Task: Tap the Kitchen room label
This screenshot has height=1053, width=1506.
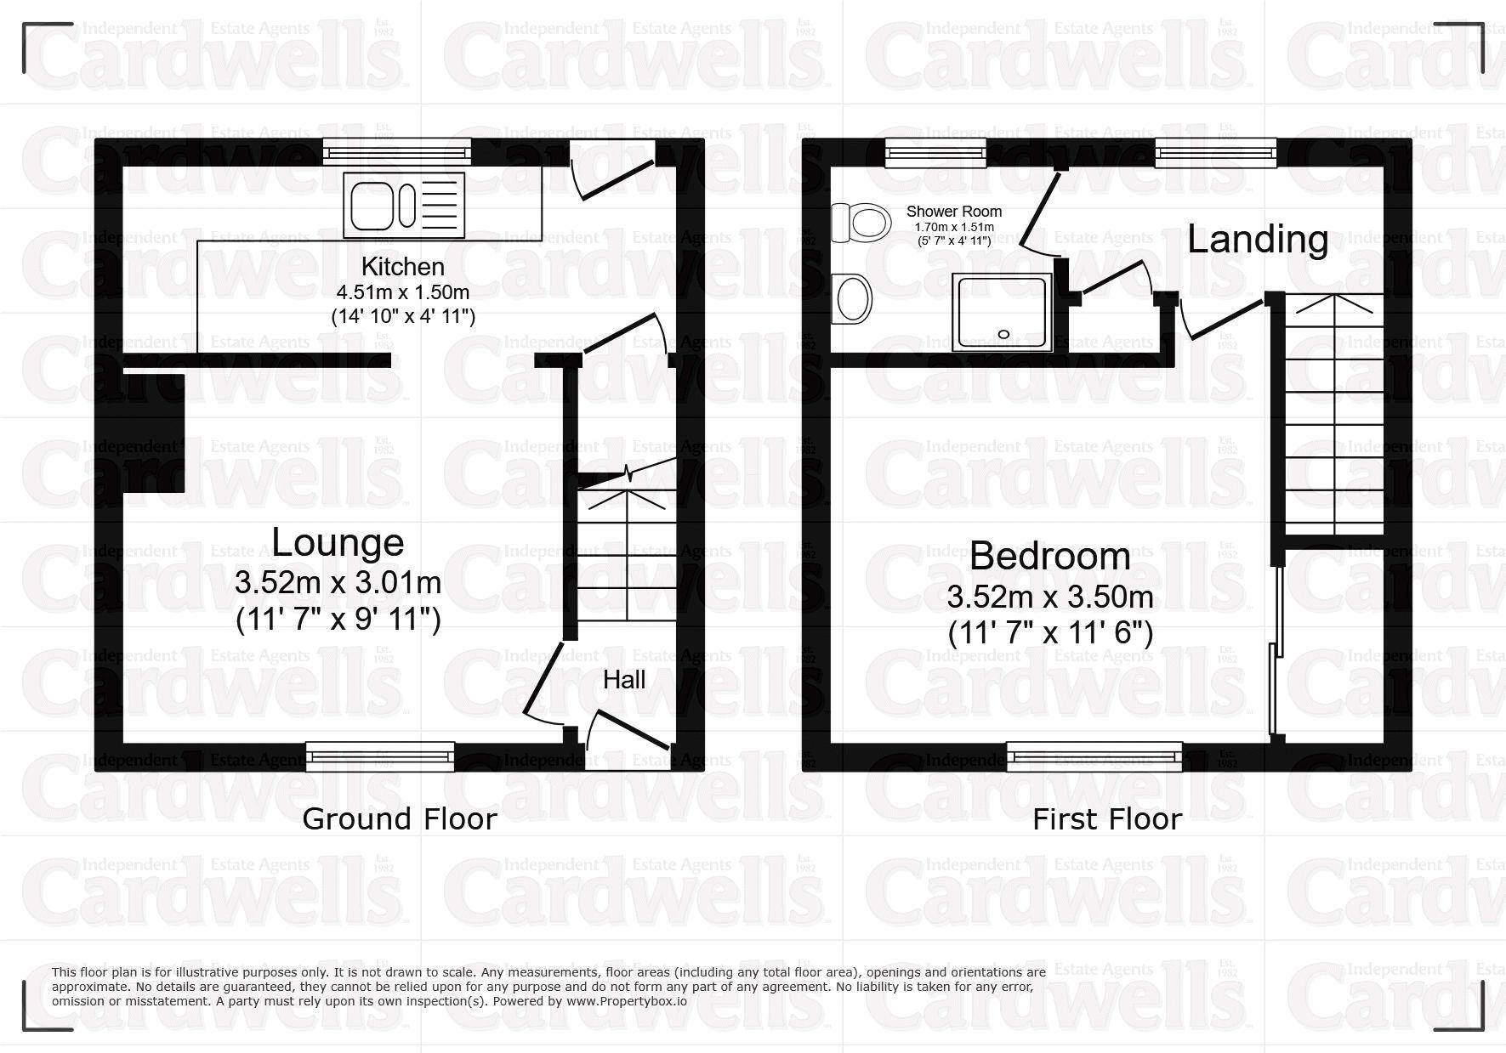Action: tap(402, 266)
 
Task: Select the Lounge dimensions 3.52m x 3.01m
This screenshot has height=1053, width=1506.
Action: tap(338, 583)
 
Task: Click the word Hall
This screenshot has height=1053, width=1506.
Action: tap(624, 679)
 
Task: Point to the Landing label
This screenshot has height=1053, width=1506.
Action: tap(1257, 240)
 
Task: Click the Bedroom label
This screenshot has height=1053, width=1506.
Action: tap(1049, 557)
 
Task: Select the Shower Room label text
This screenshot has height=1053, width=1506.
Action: tap(953, 212)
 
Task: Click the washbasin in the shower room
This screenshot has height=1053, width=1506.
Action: tap(853, 299)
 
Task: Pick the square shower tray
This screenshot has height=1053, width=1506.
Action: tap(1002, 312)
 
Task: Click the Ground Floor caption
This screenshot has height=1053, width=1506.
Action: tap(399, 819)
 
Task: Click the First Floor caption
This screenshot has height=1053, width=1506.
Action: tap(1106, 819)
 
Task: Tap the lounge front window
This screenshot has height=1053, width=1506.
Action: tap(379, 756)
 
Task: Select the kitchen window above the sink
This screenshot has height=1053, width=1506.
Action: tap(396, 152)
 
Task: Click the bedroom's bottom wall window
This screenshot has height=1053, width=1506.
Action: tap(1094, 756)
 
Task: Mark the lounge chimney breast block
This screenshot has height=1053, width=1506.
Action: tap(155, 433)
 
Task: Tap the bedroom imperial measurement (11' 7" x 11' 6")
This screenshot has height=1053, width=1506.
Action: tap(1049, 633)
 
